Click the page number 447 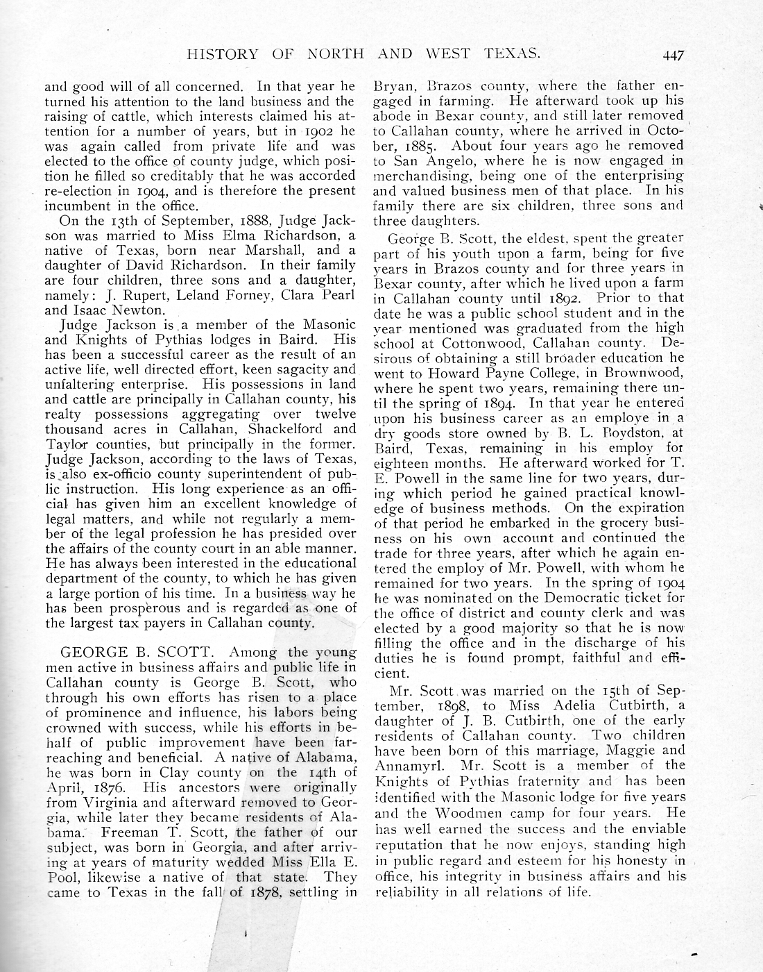point(674,55)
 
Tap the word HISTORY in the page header point(222,54)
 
